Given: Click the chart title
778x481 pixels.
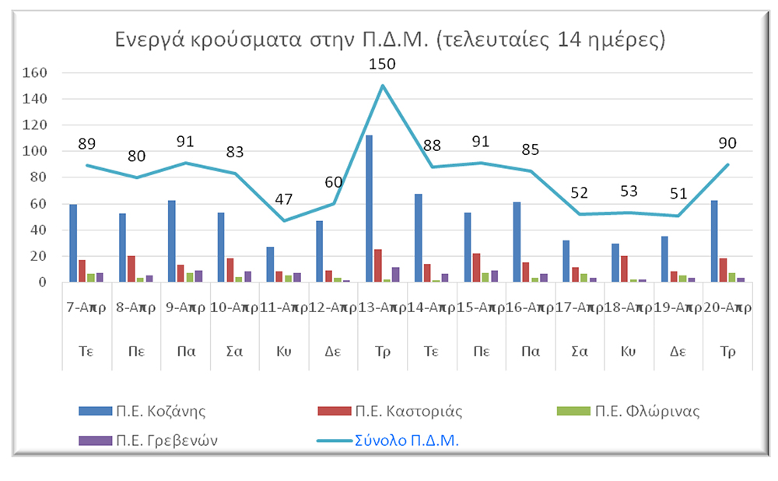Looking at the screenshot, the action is [390, 39].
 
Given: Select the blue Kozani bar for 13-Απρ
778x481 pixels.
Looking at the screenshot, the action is [369, 209].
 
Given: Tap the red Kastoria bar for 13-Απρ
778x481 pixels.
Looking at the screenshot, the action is [378, 265].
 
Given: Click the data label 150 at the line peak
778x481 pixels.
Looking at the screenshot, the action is [382, 64].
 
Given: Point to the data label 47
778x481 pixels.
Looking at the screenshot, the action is [284, 199].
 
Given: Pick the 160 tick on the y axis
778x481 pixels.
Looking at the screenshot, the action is [35, 72].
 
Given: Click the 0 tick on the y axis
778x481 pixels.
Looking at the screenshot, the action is [43, 283].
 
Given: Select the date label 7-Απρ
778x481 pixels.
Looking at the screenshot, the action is [86, 307].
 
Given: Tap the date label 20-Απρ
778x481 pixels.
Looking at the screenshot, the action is [728, 307].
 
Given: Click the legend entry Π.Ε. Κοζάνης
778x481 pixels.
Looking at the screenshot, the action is [142, 411].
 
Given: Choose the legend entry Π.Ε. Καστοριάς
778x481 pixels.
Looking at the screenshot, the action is [390, 411].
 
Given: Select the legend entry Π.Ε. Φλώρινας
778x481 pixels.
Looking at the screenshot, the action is [628, 411].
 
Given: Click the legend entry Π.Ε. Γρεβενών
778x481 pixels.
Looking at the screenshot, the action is [149, 441].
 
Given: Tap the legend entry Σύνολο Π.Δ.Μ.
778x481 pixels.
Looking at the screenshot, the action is [388, 441].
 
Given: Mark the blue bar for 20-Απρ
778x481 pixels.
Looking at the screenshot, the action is [714, 241].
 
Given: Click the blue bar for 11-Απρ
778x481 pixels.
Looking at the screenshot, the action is [271, 265].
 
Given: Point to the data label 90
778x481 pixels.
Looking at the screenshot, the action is [728, 143].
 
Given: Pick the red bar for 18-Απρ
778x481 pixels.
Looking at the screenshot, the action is [624, 269].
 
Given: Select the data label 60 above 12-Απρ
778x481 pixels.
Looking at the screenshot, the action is [334, 183].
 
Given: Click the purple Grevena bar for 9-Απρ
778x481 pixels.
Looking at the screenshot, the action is [198, 276].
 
